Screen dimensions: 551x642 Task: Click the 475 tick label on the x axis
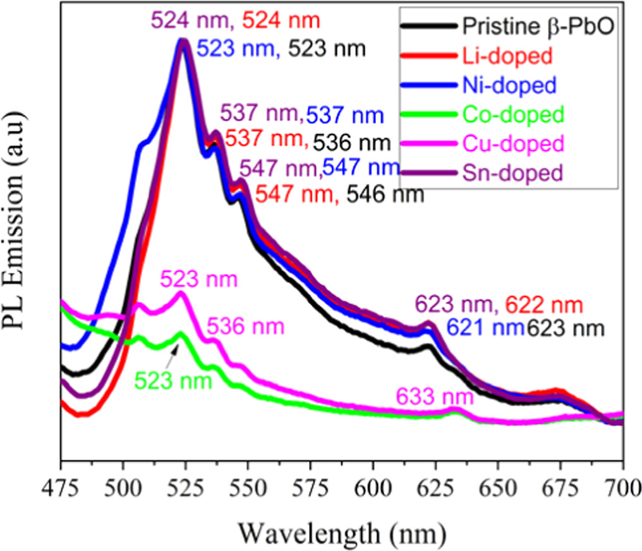point(61,487)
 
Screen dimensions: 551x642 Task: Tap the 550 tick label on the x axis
point(248,487)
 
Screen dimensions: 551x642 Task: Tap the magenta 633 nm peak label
point(434,397)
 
